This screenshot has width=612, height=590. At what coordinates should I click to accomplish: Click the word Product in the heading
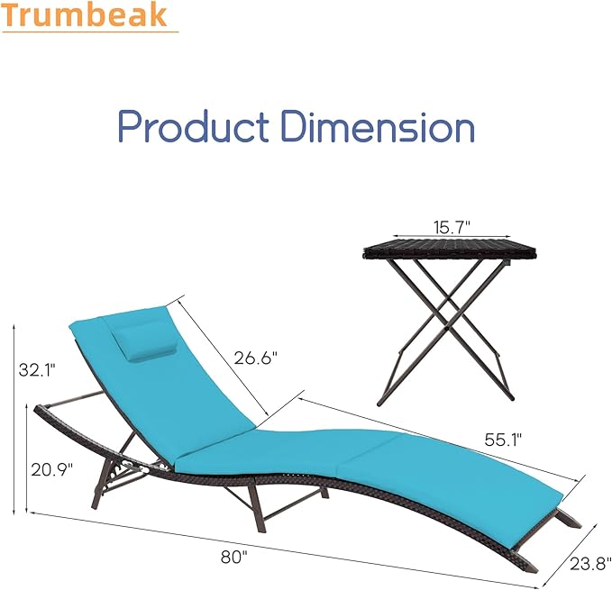click(192, 127)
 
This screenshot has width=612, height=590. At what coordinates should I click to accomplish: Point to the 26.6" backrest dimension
click(255, 357)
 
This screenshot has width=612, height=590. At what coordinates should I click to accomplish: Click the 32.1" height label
click(38, 368)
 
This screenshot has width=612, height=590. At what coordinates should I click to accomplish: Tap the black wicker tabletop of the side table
click(436, 251)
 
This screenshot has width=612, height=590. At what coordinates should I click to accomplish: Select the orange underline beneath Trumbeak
click(90, 32)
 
